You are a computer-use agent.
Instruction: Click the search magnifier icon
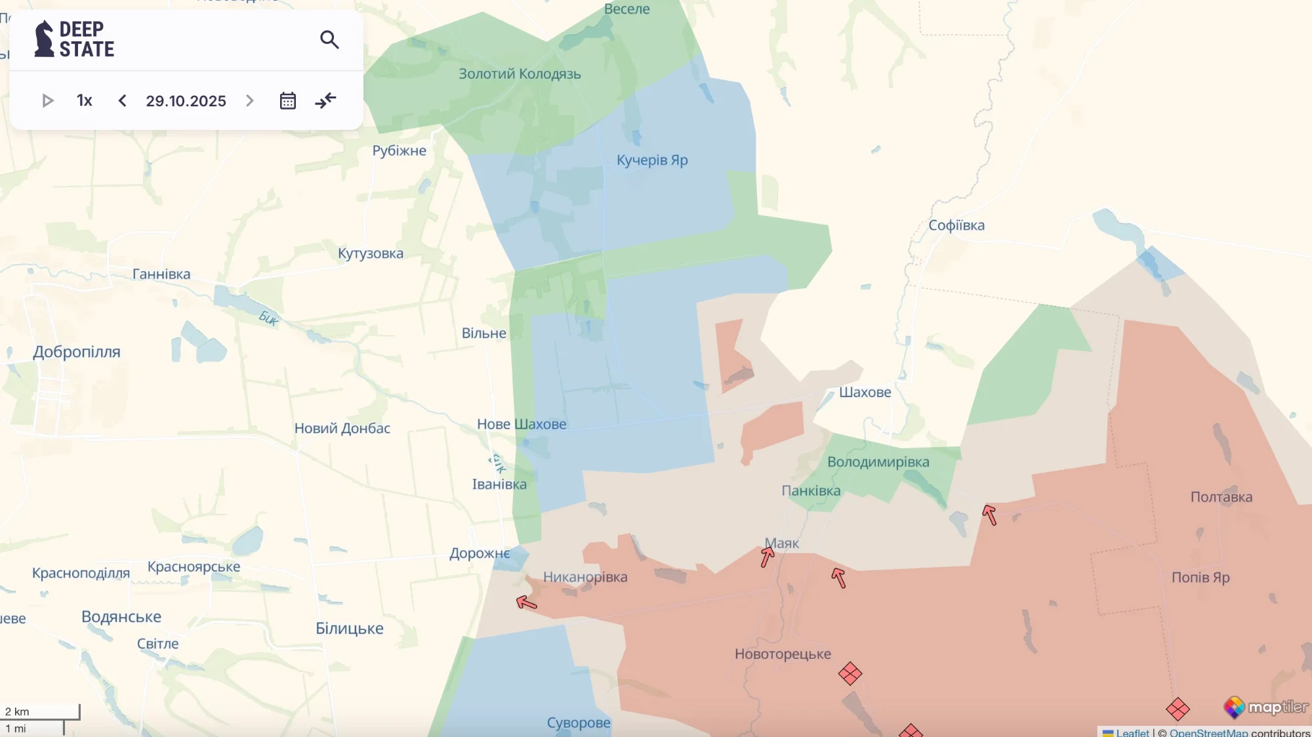tap(329, 40)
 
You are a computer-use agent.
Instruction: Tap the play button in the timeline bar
tap(47, 100)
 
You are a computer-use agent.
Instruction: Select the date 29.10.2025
tap(186, 101)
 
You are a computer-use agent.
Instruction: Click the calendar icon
tap(287, 100)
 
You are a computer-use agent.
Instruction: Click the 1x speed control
tap(84, 100)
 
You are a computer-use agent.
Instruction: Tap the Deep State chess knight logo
tap(44, 39)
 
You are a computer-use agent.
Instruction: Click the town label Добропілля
tap(77, 352)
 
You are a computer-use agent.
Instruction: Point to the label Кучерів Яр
tap(651, 160)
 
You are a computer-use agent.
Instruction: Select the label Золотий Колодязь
tap(520, 74)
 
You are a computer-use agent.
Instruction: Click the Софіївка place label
tap(956, 225)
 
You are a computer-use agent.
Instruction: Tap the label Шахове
tap(865, 392)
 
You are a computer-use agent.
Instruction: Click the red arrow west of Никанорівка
tap(526, 601)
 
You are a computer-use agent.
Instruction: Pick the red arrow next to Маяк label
tap(767, 557)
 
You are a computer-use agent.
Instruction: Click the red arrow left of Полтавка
tap(989, 515)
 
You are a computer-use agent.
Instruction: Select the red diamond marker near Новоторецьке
tap(850, 673)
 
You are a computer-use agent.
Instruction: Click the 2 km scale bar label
tap(18, 711)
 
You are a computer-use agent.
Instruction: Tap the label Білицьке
tap(349, 629)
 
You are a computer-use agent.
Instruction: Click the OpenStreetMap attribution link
tap(1208, 732)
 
